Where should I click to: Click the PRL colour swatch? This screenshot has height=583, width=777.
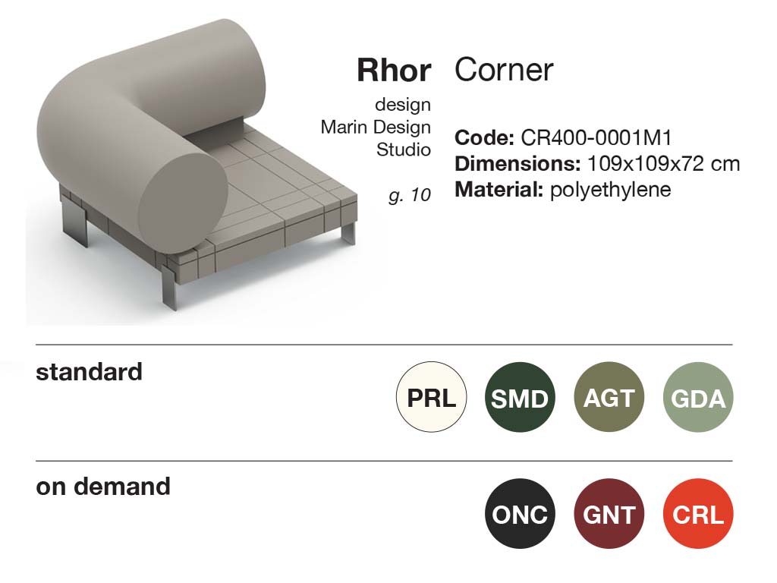[x=431, y=396]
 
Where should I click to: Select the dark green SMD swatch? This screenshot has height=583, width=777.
[x=520, y=396]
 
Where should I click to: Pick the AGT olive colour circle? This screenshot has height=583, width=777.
[x=609, y=396]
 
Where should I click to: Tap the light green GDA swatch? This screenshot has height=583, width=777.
[x=698, y=396]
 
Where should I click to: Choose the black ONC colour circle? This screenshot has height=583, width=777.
[x=520, y=514]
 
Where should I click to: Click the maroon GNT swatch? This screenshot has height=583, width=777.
[x=609, y=514]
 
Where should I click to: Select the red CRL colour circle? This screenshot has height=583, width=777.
[x=698, y=514]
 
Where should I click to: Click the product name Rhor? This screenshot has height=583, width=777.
[x=394, y=71]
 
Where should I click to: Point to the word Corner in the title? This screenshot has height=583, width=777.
[x=504, y=70]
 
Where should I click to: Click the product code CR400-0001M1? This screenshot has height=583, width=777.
[x=596, y=138]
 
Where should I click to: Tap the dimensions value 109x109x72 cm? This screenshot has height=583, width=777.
[x=663, y=164]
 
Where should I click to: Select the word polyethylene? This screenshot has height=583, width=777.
[x=611, y=190]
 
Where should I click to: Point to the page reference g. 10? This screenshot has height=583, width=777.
[x=410, y=195]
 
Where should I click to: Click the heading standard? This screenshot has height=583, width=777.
[x=90, y=372]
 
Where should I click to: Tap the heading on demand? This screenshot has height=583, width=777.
[x=103, y=487]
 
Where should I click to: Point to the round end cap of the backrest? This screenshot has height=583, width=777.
[x=182, y=195]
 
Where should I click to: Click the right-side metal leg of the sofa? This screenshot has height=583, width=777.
[x=349, y=233]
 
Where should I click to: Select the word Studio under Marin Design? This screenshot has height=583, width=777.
[x=404, y=150]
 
